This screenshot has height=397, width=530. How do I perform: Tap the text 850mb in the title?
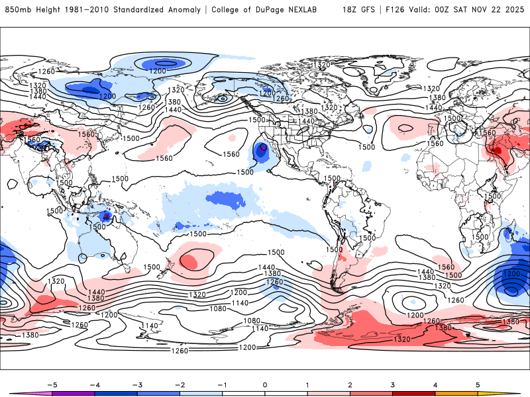tap(18, 10)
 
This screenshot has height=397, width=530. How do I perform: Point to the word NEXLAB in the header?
tap(307, 10)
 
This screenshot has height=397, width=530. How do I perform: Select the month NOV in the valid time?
tap(488, 10)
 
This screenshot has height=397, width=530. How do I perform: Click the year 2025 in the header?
tap(515, 10)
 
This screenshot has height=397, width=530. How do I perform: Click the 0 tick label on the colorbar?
tap(265, 384)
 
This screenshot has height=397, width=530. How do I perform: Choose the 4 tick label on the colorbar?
tap(435, 384)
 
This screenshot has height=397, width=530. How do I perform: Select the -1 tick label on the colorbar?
tap(222, 384)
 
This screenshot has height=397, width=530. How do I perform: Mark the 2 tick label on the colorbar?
tap(350, 384)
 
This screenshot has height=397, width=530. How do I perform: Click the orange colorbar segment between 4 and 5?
tap(456, 393)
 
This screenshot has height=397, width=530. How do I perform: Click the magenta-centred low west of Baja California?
tap(263, 149)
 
